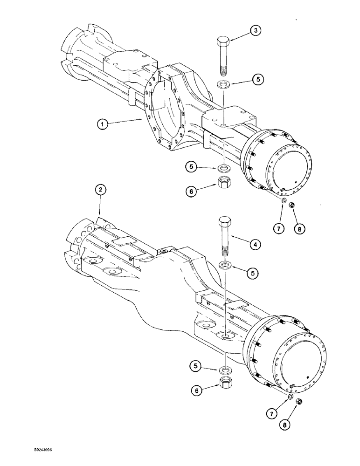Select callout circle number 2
point(101,189)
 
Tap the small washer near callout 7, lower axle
point(290,397)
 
